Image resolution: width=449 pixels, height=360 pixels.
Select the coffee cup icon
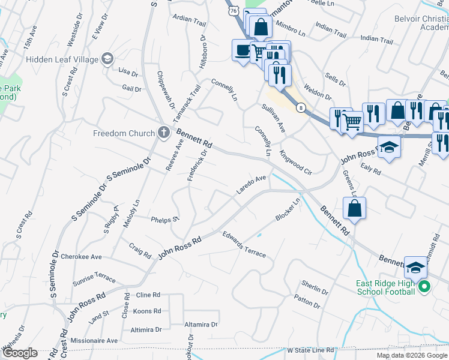242,50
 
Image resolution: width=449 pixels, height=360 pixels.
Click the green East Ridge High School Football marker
424,287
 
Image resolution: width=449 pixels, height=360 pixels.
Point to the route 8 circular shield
301,107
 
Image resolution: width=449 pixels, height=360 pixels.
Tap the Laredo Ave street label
251,184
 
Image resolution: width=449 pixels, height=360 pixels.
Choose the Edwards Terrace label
244,244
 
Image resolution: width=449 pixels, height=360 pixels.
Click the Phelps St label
165,220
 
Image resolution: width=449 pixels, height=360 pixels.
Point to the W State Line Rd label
310,350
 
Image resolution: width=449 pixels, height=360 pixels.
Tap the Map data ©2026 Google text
411,355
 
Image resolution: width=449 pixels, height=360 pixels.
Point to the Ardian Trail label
189,19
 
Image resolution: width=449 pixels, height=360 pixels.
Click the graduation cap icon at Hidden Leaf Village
107,58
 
